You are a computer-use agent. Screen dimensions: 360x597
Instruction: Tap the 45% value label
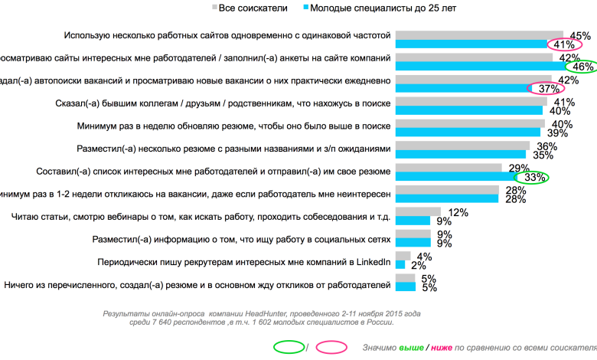pyautogui.click(x=579, y=35)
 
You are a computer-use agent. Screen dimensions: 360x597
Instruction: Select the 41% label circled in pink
pyautogui.click(x=563, y=44)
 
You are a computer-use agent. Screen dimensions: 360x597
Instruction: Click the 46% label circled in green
pyautogui.click(x=583, y=67)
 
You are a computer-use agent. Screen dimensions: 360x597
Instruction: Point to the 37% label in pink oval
pyautogui.click(x=550, y=88)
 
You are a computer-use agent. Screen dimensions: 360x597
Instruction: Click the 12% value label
pyautogui.click(x=458, y=212)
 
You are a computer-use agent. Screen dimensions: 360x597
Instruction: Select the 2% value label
pyautogui.click(x=418, y=266)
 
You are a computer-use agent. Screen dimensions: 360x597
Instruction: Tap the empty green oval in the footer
pyautogui.click(x=288, y=347)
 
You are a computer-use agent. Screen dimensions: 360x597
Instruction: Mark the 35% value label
pyautogui.click(x=543, y=155)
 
